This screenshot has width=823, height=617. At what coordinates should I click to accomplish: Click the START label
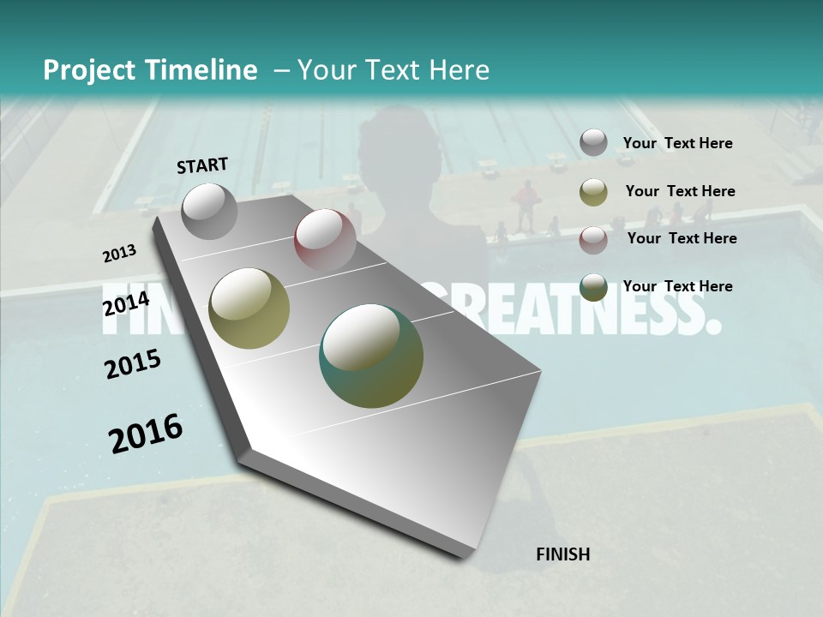202,165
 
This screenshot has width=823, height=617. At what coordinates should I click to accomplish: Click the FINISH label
562,554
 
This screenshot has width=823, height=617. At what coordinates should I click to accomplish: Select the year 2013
119,254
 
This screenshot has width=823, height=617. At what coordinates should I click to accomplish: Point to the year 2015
133,364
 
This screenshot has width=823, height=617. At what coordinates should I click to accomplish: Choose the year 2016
146,433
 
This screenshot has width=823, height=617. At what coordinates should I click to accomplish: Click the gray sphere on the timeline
209,211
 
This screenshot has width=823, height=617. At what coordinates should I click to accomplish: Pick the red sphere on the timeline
325,239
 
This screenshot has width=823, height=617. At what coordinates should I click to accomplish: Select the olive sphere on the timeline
249,308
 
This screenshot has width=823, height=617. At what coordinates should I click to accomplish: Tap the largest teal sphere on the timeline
371,356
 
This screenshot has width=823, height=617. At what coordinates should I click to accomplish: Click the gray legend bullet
593,143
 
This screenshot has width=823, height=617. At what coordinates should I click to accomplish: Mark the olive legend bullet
593,192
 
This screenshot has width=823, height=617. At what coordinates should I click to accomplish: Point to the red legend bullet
593,240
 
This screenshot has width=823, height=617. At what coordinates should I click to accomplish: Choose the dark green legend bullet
593,287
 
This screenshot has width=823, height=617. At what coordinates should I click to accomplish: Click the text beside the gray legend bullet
677,144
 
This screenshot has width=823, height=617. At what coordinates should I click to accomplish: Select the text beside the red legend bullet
682,238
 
